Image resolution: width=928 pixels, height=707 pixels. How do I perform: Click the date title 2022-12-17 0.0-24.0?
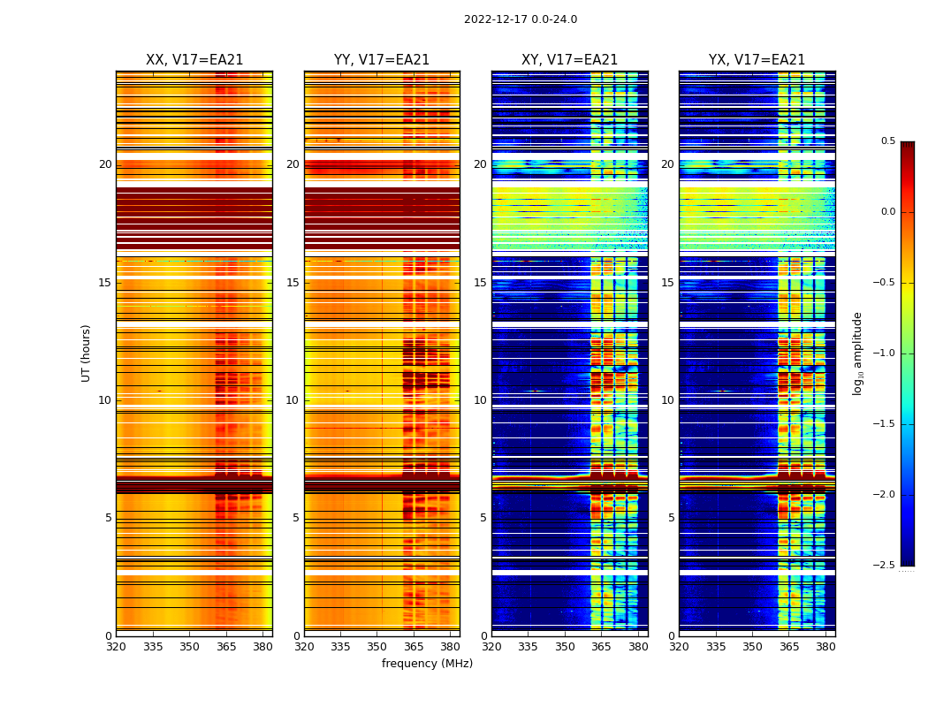coord(521,19)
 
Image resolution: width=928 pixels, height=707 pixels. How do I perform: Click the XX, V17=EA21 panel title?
coord(194,60)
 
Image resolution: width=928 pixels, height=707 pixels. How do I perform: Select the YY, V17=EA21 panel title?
coord(382,60)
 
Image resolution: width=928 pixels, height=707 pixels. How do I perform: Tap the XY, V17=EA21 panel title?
coord(569,60)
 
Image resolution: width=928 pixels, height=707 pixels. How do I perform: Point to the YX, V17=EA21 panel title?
coord(757,60)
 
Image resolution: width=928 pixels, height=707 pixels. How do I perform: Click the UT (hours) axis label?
coord(87,353)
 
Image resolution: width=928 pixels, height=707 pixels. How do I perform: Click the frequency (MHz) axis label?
coord(427,664)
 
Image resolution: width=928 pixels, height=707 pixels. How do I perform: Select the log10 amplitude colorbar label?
coord(857,353)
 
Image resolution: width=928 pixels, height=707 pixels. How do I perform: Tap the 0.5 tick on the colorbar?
coord(887,141)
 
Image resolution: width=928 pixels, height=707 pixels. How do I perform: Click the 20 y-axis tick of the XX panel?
coord(105,164)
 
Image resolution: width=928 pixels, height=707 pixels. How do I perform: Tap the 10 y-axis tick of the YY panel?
coord(293,400)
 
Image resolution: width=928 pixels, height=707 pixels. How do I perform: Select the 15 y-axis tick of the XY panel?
coord(480,283)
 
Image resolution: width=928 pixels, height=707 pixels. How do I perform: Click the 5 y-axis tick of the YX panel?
coord(671,518)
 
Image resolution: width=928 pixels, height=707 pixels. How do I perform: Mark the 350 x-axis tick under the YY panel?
coord(377,646)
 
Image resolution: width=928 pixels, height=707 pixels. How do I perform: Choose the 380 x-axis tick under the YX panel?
coord(825,646)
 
